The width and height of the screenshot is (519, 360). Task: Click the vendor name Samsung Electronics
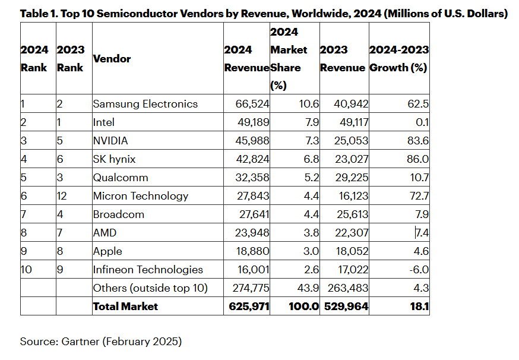(145, 104)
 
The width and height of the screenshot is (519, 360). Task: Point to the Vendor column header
(112, 58)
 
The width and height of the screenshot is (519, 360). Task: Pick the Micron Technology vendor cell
(140, 196)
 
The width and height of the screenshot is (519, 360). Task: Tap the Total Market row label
(125, 307)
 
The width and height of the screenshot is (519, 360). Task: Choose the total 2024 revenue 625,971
(248, 307)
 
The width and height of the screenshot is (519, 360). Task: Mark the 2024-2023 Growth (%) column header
(399, 58)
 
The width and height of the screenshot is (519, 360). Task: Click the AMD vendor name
(105, 233)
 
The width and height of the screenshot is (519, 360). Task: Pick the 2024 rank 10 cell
(27, 270)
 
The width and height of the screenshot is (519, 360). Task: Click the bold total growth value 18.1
(419, 307)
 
